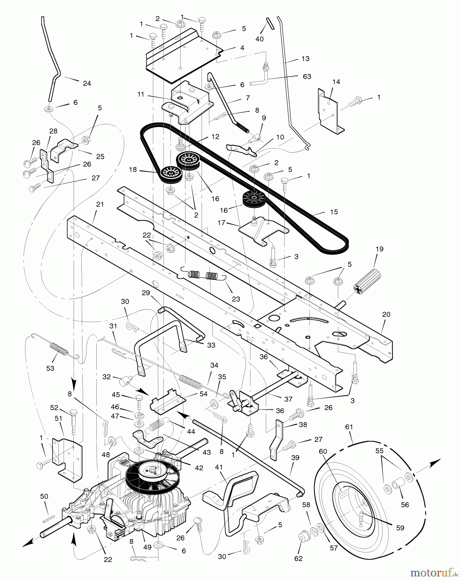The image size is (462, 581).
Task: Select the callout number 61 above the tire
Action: [x=349, y=427]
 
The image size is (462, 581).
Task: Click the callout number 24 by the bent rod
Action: [x=87, y=83]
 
